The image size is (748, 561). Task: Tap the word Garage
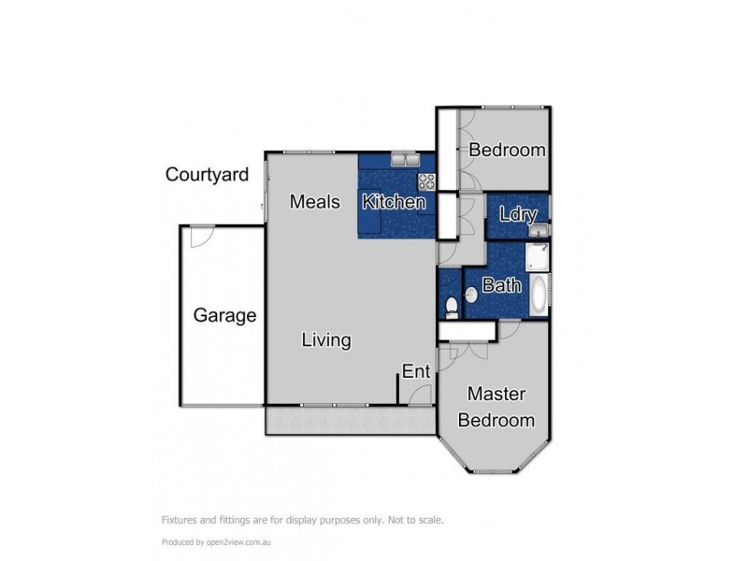[x=224, y=315]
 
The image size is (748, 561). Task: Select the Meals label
[x=312, y=201]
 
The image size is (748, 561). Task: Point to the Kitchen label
[x=394, y=202]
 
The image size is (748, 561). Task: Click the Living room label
[x=325, y=340]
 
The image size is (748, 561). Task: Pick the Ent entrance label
[x=416, y=371]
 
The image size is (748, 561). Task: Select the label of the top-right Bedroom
[x=507, y=150]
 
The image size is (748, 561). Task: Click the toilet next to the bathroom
[x=450, y=304]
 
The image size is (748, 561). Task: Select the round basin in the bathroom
[x=471, y=296]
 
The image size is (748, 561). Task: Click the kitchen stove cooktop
[x=425, y=181]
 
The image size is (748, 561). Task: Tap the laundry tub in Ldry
[x=537, y=230]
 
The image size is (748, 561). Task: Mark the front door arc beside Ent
[x=422, y=394]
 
